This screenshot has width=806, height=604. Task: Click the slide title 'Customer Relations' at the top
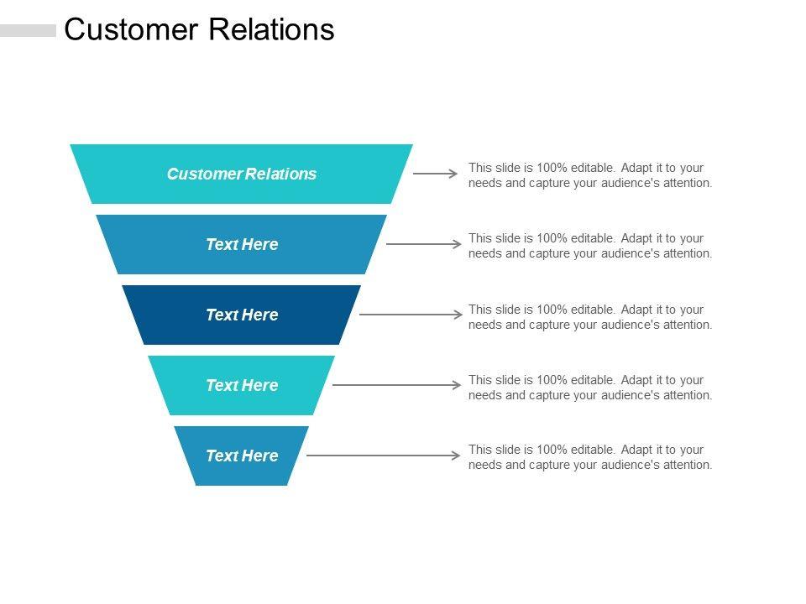[x=199, y=30]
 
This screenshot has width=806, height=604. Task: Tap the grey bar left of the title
[x=28, y=31]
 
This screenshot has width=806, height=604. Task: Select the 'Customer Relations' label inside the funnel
[x=242, y=174]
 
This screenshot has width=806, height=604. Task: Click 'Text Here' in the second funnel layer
[x=242, y=244]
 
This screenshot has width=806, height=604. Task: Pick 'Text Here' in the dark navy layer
[x=242, y=315]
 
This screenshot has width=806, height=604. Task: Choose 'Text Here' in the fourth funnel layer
[x=242, y=385]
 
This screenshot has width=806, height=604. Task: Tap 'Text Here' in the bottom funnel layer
[x=242, y=456]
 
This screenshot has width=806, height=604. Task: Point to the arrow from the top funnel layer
[x=436, y=174]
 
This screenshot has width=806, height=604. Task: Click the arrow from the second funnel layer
[x=423, y=244]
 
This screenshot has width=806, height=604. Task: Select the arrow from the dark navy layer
[x=411, y=315]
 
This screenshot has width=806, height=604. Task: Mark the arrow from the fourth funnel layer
[x=397, y=385]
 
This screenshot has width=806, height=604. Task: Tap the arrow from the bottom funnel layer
[x=384, y=456]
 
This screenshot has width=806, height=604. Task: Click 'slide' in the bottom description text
[x=507, y=450]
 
